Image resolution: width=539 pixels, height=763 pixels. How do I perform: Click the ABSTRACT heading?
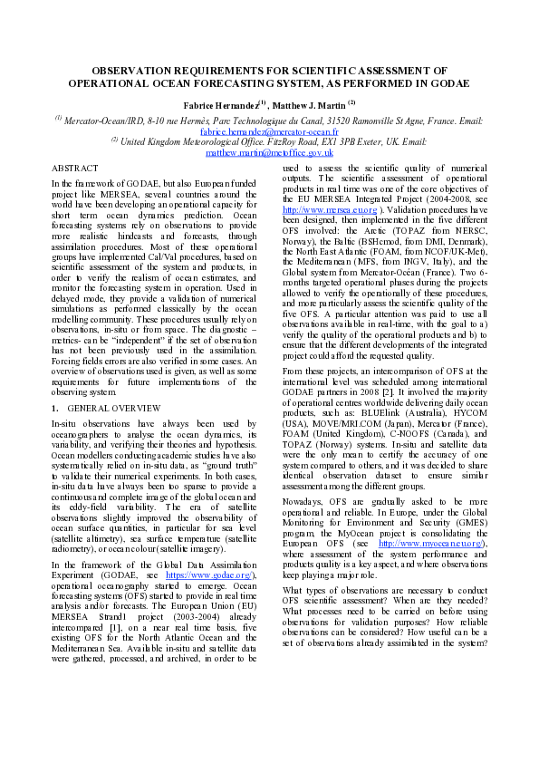coord(75,169)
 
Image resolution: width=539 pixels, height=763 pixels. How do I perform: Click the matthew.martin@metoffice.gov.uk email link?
coord(269,153)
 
